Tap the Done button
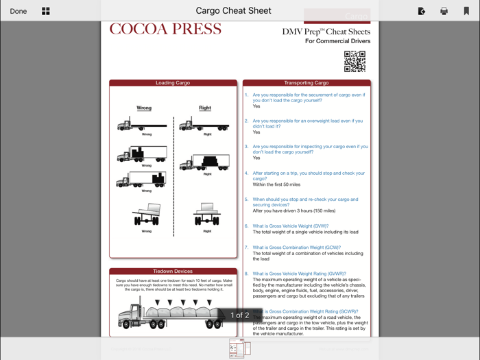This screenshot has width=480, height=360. (19, 11)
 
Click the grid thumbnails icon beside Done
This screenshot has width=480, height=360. (46, 11)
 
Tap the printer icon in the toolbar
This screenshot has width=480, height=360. (444, 11)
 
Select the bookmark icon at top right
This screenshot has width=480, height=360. (466, 11)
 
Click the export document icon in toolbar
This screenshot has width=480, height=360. (421, 11)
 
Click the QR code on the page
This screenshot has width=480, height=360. (355, 62)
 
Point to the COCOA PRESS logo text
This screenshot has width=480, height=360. (165, 29)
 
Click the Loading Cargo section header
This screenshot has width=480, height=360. (173, 83)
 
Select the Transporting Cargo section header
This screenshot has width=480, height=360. (307, 83)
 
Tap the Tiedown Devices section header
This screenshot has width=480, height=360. (173, 272)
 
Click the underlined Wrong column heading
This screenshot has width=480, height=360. (144, 108)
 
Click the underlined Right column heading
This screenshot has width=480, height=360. (205, 108)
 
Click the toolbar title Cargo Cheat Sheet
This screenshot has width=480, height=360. (233, 11)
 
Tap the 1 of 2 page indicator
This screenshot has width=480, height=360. (239, 315)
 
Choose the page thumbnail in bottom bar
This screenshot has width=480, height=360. (240, 348)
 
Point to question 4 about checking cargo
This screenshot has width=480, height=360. (308, 176)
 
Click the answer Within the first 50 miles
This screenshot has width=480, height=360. (276, 184)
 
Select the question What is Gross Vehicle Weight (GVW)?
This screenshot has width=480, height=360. (290, 226)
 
